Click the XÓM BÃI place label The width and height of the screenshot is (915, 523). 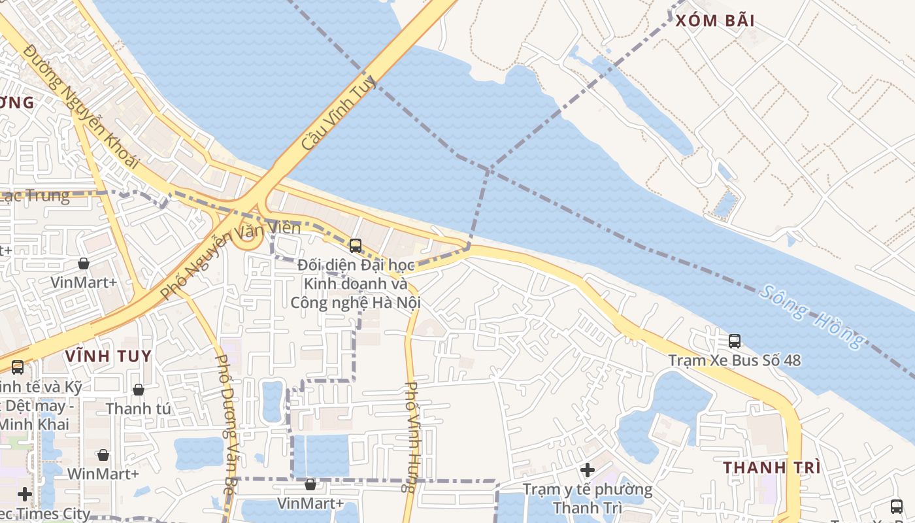(715, 20)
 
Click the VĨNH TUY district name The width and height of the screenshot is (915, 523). (108, 356)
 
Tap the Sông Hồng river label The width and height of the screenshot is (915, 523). (812, 317)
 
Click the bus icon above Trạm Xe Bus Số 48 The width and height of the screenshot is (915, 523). (735, 341)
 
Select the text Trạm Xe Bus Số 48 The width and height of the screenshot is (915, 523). (735, 360)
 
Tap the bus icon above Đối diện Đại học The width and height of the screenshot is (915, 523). (356, 246)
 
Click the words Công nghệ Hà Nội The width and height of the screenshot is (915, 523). (356, 303)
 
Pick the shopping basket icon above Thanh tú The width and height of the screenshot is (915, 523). (139, 390)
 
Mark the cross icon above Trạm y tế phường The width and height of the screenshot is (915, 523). (588, 470)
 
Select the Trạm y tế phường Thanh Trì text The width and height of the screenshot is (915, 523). (588, 498)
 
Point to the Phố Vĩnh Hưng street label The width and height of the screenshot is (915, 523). (411, 437)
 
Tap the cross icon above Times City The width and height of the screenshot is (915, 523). (25, 494)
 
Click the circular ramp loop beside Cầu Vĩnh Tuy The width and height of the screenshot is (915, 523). (249, 240)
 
